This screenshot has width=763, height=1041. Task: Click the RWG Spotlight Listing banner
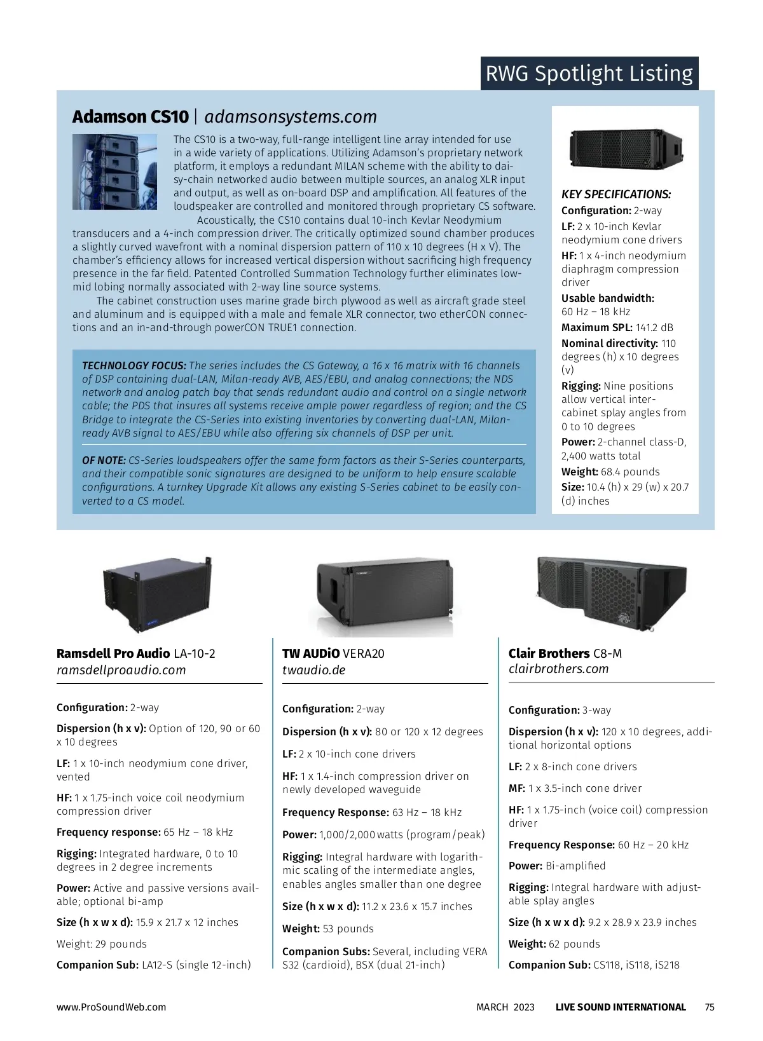[589, 74]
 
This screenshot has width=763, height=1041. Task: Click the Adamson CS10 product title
[130, 117]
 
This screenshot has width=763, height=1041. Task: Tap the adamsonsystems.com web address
[291, 117]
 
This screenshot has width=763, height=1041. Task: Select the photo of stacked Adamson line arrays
[114, 172]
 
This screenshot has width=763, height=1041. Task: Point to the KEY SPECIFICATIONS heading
[615, 194]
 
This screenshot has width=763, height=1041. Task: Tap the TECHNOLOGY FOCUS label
[134, 366]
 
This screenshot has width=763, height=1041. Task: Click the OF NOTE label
[104, 460]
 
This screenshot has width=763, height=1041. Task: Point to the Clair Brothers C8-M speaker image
[611, 594]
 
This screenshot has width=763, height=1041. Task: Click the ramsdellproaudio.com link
[121, 670]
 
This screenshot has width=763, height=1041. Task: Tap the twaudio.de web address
[313, 670]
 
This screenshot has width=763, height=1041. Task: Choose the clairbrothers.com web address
[558, 669]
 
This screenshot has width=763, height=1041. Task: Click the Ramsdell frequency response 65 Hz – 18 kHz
[198, 833]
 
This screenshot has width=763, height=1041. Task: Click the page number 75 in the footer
[710, 1007]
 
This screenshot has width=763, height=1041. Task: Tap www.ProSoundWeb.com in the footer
[111, 1007]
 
